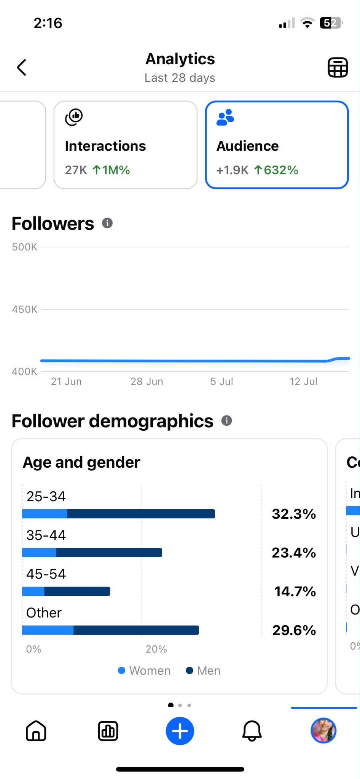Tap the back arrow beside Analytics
click(x=22, y=67)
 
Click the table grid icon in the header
click(x=338, y=68)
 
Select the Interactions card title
click(x=105, y=146)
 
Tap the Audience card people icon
click(x=225, y=117)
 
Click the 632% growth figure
click(x=276, y=170)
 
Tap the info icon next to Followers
click(x=107, y=223)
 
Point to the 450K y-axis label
click(x=25, y=309)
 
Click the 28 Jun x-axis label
click(x=147, y=381)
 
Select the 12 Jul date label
click(x=303, y=381)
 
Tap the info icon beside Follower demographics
click(x=226, y=421)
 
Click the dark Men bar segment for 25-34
click(x=141, y=514)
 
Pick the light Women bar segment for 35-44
click(x=39, y=553)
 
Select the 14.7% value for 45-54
click(x=295, y=591)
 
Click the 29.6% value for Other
click(x=294, y=630)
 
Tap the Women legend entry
click(x=144, y=671)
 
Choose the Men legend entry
click(x=203, y=671)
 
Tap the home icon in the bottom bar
click(x=36, y=731)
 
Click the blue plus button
click(x=180, y=731)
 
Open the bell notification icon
click(x=252, y=731)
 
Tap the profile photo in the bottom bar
click(x=323, y=731)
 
